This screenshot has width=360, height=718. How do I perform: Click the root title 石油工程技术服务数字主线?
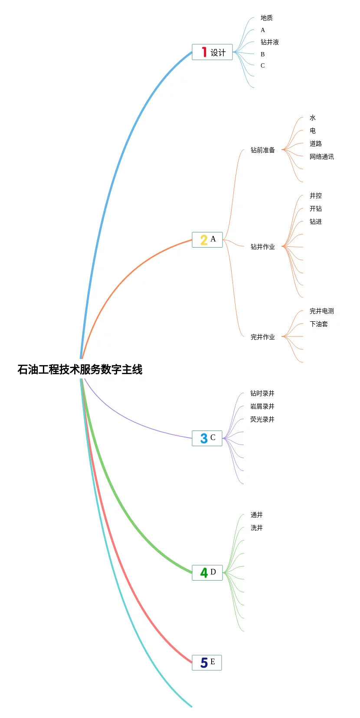[x=80, y=369]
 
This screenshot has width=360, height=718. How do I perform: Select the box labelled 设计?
[x=212, y=52]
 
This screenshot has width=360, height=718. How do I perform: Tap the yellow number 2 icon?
[x=204, y=240]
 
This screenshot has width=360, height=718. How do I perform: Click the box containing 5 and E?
[x=207, y=663]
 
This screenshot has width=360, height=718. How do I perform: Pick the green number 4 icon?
[x=204, y=573]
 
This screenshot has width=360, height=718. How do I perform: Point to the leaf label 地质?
[x=266, y=18]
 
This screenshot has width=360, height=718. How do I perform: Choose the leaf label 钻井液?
[x=269, y=42]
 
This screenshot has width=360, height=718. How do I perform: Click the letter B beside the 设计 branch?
[x=262, y=54]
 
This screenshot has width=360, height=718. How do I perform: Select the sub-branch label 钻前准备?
[x=262, y=150]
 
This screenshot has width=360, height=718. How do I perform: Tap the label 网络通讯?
[x=321, y=157]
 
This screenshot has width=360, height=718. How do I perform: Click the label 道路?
[x=315, y=144]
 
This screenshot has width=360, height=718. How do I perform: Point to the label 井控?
[x=315, y=196]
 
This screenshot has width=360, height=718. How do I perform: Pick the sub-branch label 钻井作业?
[x=262, y=247]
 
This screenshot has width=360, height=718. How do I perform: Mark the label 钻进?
[x=315, y=222]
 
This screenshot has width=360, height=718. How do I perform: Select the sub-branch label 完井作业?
[x=262, y=337]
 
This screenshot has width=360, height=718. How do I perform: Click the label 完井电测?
[x=321, y=311]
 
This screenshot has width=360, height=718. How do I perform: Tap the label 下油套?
[x=318, y=324]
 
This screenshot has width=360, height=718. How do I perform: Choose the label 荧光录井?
[x=262, y=419]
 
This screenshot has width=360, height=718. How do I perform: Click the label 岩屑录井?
[x=262, y=406]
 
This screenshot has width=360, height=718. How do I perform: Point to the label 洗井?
[x=256, y=528]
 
